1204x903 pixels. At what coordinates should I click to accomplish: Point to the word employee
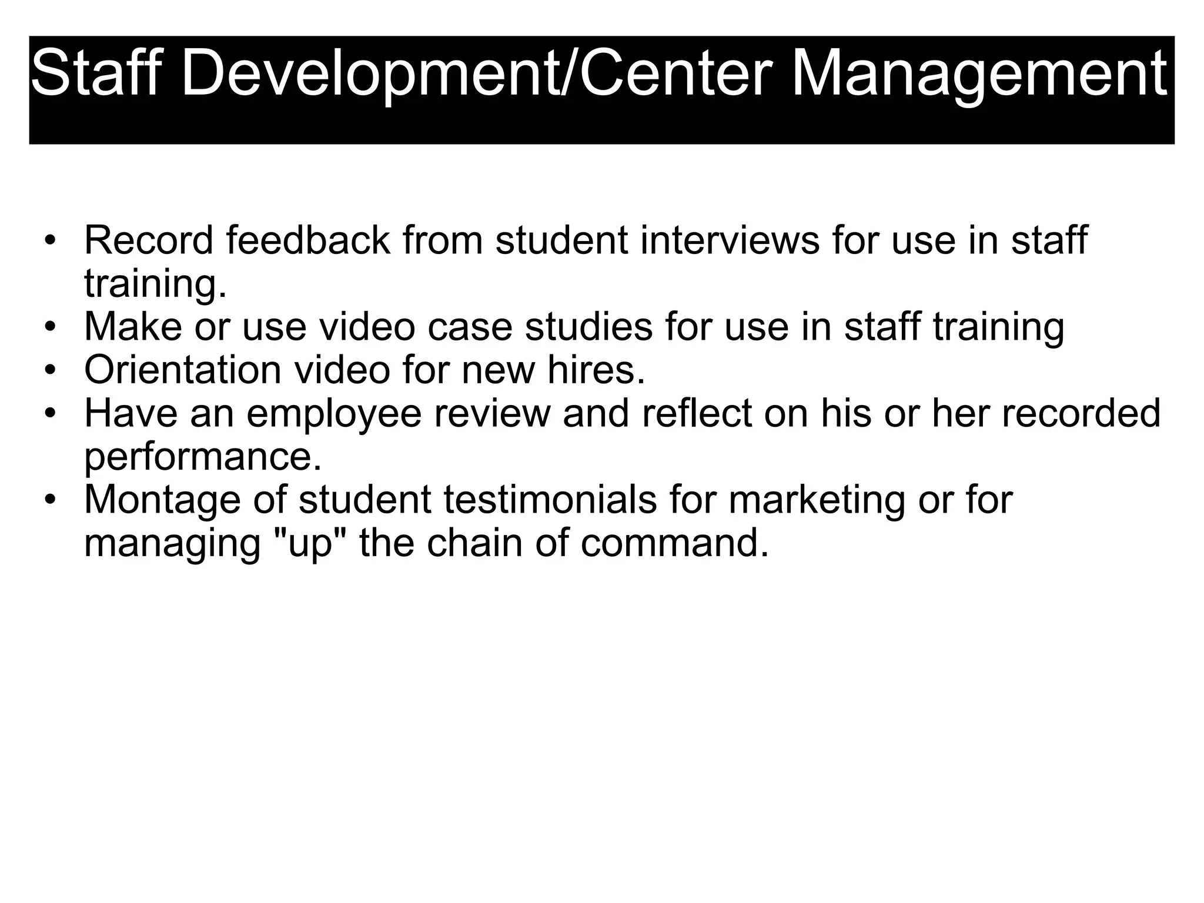tap(334, 414)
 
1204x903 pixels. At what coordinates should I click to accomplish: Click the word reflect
tap(697, 413)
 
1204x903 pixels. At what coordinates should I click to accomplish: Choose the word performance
tap(203, 457)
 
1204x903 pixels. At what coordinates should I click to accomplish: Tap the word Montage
tap(162, 500)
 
